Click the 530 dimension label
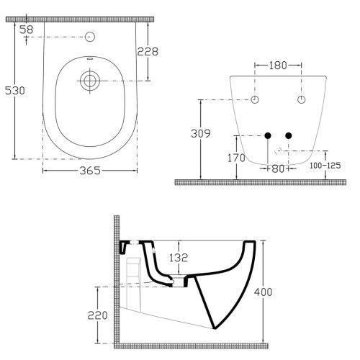pos(15,90)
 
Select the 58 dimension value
pos(27,29)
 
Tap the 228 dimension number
pos(148,52)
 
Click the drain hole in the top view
pos(90,79)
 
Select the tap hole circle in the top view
pos(90,37)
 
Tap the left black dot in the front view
pos(268,135)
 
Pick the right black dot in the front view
pos(289,135)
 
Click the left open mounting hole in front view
pos(255,99)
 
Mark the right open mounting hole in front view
pos(300,99)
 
